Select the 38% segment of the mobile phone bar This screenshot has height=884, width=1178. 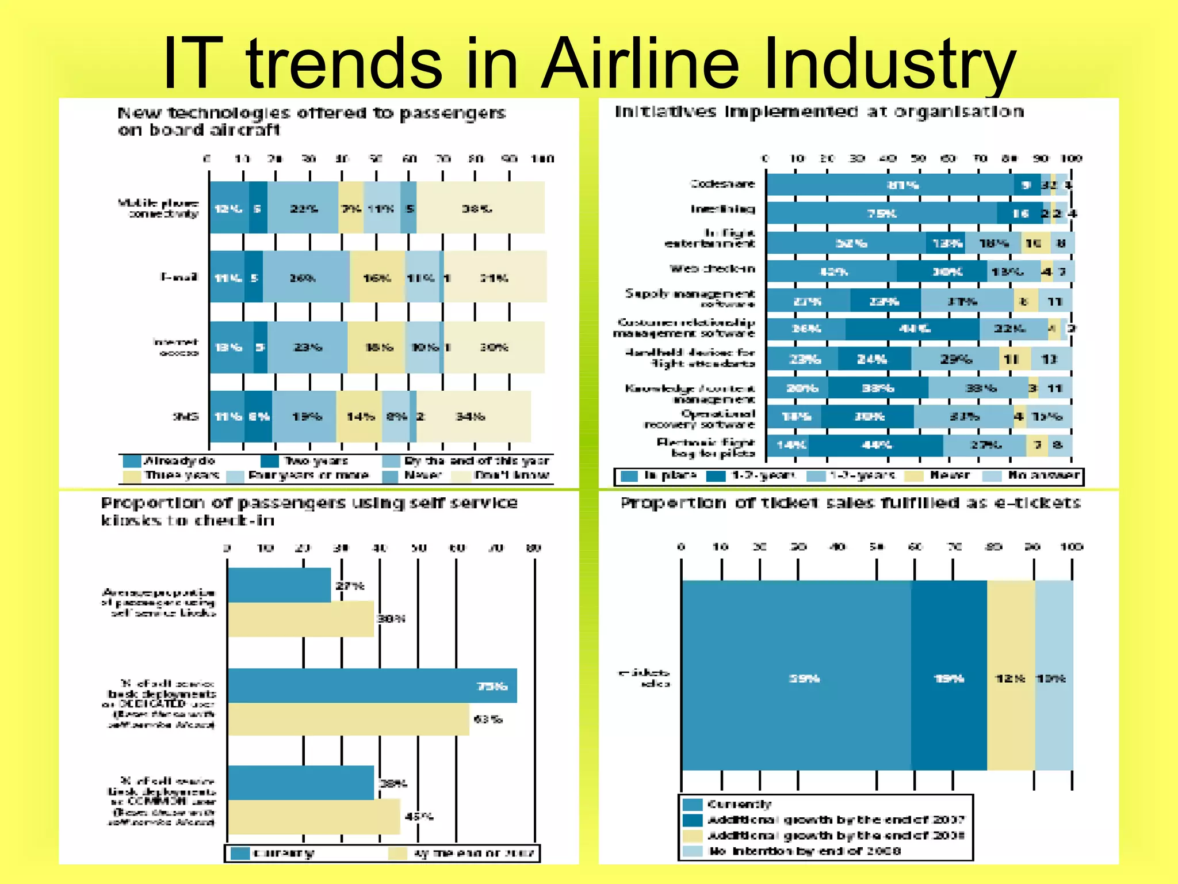tap(480, 208)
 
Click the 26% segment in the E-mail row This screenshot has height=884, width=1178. tap(305, 277)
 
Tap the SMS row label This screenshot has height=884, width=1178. tap(186, 416)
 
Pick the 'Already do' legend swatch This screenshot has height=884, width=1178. tap(132, 461)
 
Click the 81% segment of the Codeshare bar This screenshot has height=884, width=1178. tap(890, 185)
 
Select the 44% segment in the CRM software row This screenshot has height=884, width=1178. tap(912, 329)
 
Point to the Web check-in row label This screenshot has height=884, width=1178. tap(712, 269)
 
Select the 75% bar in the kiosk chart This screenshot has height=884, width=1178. tap(372, 685)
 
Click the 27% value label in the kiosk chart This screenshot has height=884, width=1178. tap(350, 586)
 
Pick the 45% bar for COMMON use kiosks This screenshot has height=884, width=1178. tap(313, 816)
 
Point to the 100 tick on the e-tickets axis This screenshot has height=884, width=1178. tap(1072, 547)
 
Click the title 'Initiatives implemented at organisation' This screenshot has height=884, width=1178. tap(819, 111)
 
